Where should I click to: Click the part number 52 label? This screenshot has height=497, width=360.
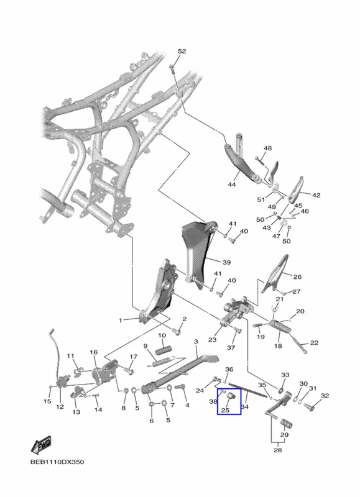pyautogui.click(x=182, y=52)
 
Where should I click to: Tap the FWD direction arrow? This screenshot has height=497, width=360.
pyautogui.click(x=41, y=445)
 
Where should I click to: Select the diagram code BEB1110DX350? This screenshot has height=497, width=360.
pyautogui.click(x=57, y=462)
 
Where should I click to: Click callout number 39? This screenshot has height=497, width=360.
pyautogui.click(x=226, y=262)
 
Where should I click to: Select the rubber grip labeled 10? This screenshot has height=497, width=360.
pyautogui.click(x=163, y=350)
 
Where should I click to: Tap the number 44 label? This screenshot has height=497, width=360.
pyautogui.click(x=232, y=184)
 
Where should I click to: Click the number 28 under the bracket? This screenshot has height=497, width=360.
pyautogui.click(x=277, y=450)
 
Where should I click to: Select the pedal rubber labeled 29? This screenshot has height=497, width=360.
pyautogui.click(x=286, y=424)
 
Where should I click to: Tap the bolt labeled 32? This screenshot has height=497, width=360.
pyautogui.click(x=309, y=406)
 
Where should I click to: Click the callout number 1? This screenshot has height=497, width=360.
pyautogui.click(x=120, y=321)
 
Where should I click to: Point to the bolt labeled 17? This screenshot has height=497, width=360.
pyautogui.click(x=129, y=370)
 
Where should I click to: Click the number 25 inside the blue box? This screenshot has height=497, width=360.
pyautogui.click(x=225, y=410)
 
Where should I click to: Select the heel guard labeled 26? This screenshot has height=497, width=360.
pyautogui.click(x=275, y=273)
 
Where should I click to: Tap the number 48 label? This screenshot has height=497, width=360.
pyautogui.click(x=268, y=148)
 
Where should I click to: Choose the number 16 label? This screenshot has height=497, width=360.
pyautogui.click(x=93, y=352)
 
